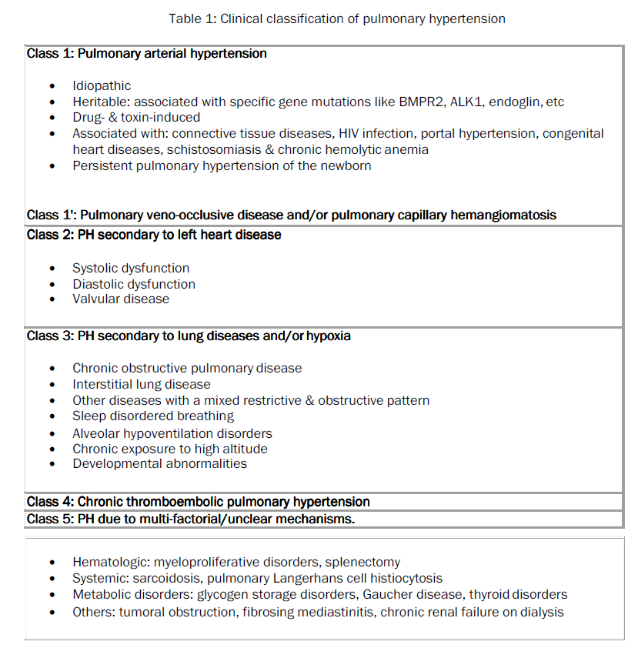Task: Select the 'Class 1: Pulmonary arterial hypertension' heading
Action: click(x=147, y=54)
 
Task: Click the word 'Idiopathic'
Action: click(x=102, y=86)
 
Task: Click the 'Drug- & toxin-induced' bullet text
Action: click(x=136, y=118)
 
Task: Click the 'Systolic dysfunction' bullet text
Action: click(x=131, y=268)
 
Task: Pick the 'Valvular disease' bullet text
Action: click(x=121, y=299)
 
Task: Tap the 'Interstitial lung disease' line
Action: click(x=142, y=384)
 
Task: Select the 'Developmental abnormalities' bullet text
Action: click(x=160, y=463)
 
